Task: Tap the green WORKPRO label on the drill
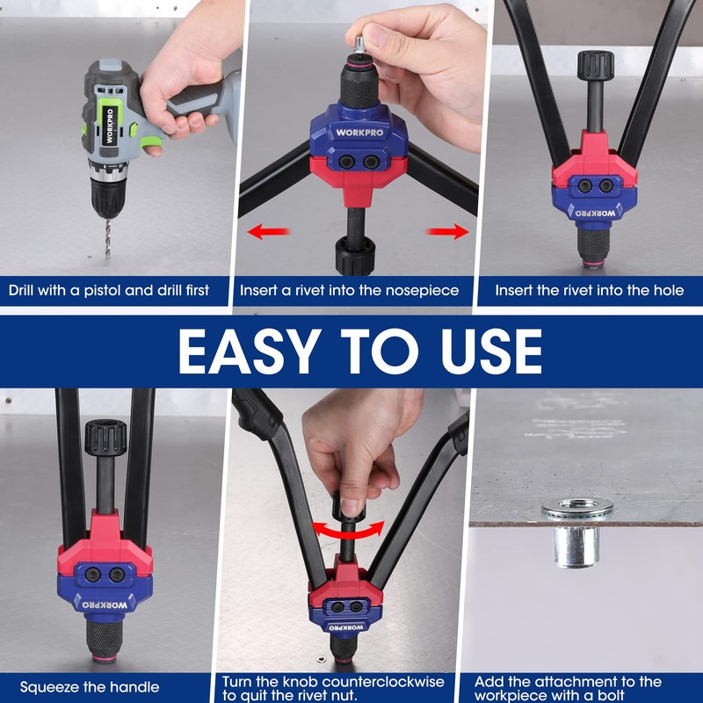[111, 132]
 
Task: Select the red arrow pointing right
[449, 232]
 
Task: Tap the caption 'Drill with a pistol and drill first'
[110, 290]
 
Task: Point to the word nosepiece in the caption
[417, 290]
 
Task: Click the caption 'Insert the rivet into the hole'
[589, 290]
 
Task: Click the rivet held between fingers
[361, 40]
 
